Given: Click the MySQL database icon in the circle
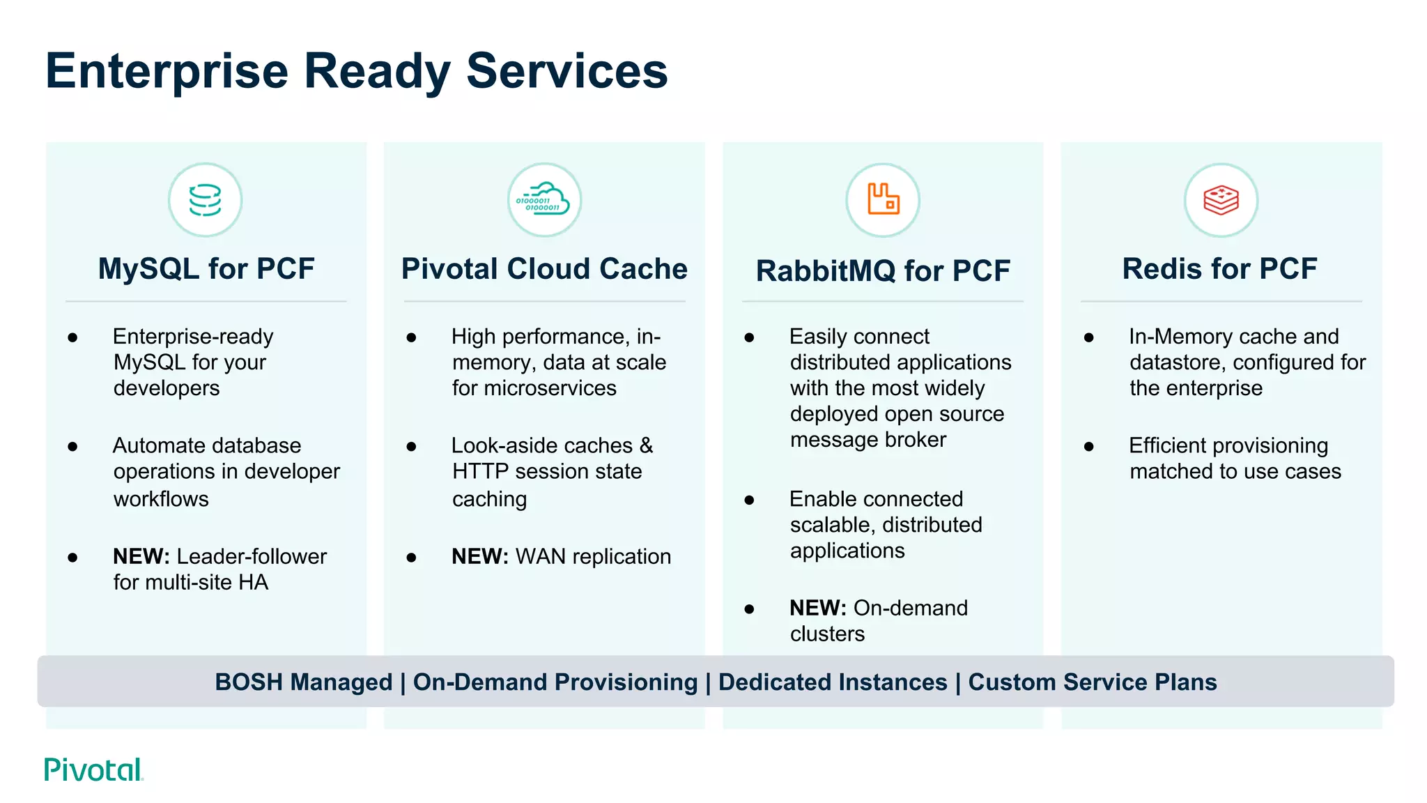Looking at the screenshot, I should (x=205, y=200).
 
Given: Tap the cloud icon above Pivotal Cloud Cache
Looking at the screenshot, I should (x=544, y=200).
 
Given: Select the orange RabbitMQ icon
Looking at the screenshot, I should (x=883, y=199).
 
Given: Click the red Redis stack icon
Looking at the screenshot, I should (x=1221, y=200).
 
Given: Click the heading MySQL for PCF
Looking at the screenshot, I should (x=206, y=269).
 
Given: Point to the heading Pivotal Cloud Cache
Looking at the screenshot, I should (x=544, y=269).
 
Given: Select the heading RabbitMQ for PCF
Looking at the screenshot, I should (x=883, y=271).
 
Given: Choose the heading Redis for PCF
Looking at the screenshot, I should (x=1219, y=269).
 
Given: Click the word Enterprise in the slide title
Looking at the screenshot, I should (x=167, y=71).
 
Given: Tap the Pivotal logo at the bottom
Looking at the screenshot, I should (x=93, y=770).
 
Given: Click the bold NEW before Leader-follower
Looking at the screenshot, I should (x=141, y=556).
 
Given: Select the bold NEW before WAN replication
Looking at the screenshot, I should (x=479, y=556).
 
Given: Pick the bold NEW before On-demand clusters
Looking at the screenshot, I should (x=817, y=608).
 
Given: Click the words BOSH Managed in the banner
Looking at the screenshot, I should (x=303, y=682).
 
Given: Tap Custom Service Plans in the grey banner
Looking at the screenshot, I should (x=1092, y=682).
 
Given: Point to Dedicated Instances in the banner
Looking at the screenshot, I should (x=833, y=682).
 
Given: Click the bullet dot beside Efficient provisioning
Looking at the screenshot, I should (x=1088, y=446).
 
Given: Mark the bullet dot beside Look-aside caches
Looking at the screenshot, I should (x=411, y=446).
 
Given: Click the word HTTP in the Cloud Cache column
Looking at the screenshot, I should (x=480, y=472).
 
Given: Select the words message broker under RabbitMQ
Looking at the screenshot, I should (x=867, y=440).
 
